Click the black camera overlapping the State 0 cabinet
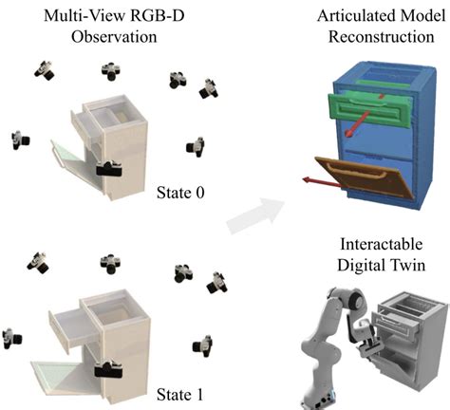pos(111,169)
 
